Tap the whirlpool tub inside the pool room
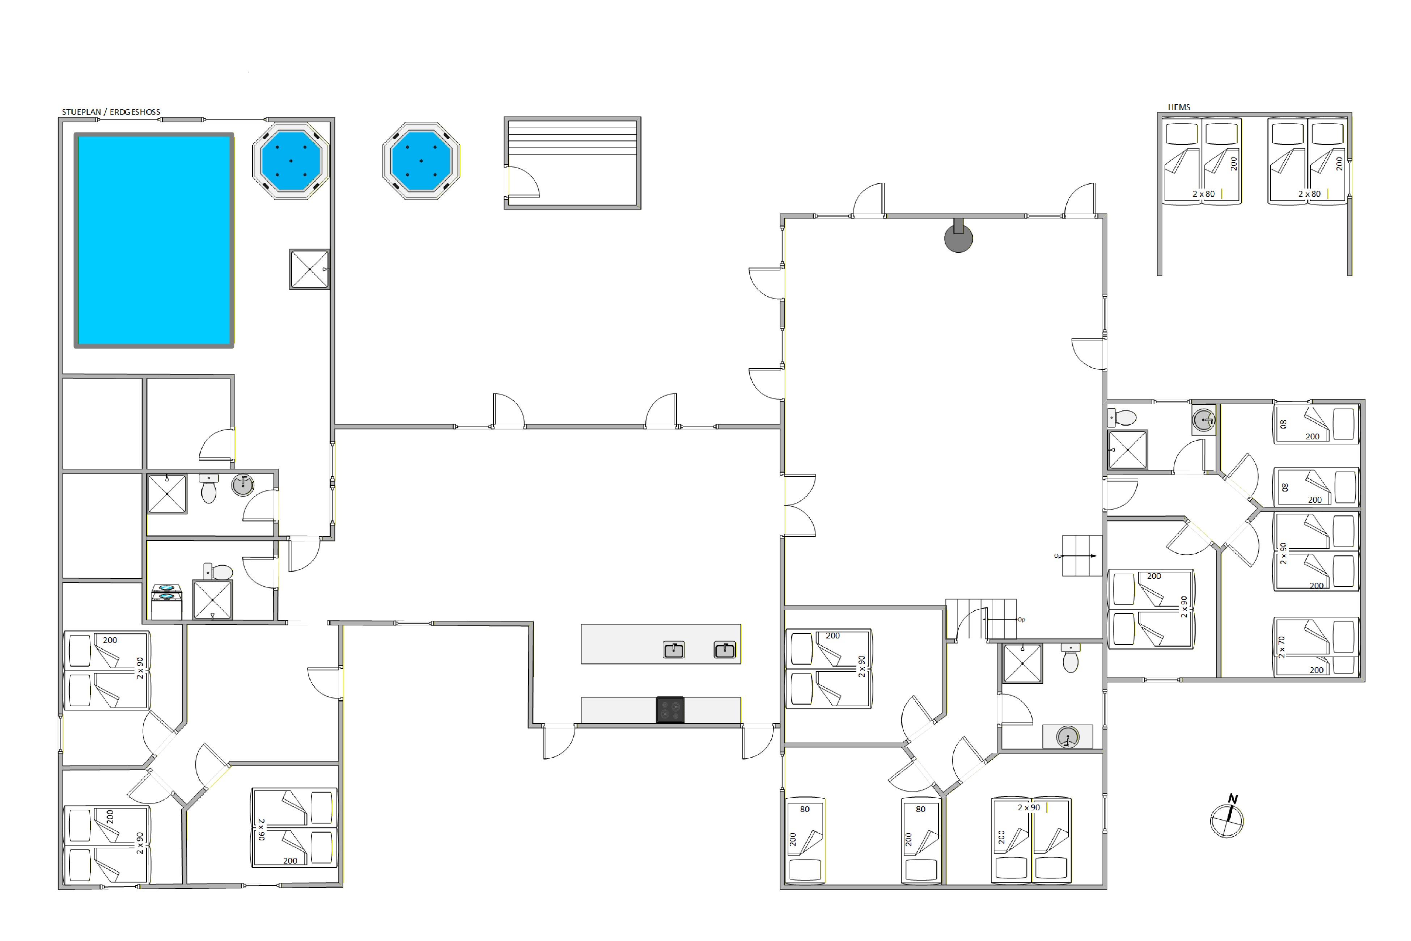(x=291, y=161)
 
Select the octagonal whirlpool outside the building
(x=421, y=161)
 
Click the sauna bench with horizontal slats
(x=572, y=138)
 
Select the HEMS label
(x=1179, y=107)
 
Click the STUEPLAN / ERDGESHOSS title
(x=111, y=111)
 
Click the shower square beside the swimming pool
(x=310, y=270)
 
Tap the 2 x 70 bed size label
(x=1281, y=647)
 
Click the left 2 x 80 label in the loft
(x=1203, y=194)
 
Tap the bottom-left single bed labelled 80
(x=805, y=840)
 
